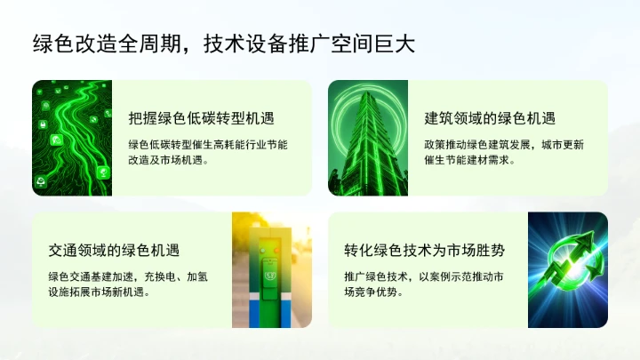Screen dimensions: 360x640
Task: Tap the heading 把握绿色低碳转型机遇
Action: coord(200,118)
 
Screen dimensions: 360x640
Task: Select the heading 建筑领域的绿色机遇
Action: coord(490,118)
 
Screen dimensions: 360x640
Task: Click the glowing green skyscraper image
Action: coord(368,138)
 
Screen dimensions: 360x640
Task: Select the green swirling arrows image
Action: coord(568,269)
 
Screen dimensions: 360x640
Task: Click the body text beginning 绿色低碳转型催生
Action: coord(214,152)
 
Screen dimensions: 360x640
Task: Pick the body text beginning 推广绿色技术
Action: coord(424,284)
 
